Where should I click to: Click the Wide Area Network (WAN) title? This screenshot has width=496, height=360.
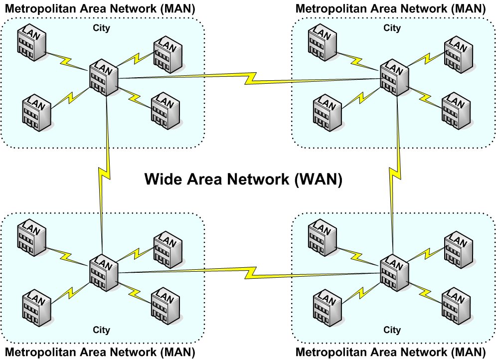coord(243,180)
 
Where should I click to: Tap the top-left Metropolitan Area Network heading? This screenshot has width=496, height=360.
coord(99,9)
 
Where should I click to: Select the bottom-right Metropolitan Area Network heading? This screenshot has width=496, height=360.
coord(391,352)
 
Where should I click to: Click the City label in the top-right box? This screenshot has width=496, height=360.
coord(392,28)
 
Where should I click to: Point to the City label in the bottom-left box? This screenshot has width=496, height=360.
coord(101,330)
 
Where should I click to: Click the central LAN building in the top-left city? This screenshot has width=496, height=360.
coord(104,78)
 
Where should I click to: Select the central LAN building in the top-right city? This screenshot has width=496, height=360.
coord(395,78)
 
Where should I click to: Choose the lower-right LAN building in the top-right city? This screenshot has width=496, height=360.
coord(457,110)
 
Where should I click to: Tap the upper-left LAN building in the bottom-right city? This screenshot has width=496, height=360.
coord(323,235)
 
